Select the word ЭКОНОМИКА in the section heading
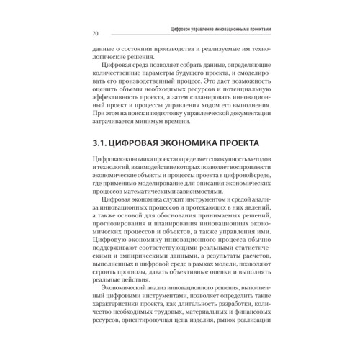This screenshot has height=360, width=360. [x=189, y=144]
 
